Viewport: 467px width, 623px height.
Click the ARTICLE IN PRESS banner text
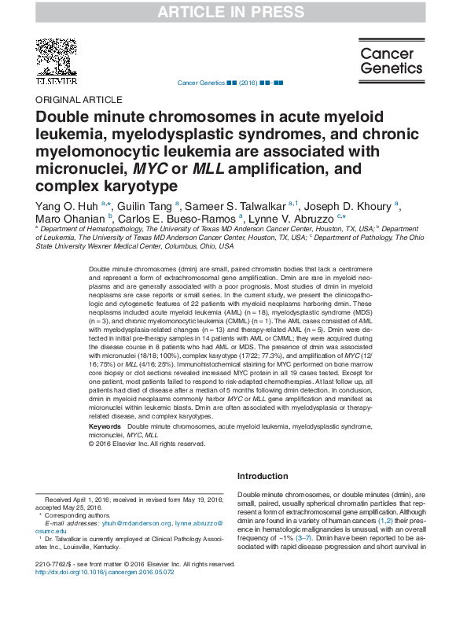pos(233,12)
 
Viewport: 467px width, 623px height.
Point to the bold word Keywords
pos(105,426)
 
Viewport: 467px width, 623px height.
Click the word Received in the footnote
pos(61,500)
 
